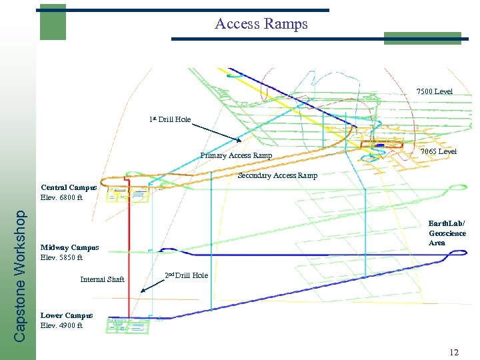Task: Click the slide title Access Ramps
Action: pyautogui.click(x=261, y=24)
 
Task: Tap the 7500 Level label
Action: pyautogui.click(x=434, y=91)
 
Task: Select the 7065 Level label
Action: pyautogui.click(x=438, y=151)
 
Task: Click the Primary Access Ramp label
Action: pyautogui.click(x=236, y=156)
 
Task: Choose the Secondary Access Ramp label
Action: pyautogui.click(x=277, y=176)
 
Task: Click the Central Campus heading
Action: pyautogui.click(x=69, y=187)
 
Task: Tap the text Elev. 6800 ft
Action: pyautogui.click(x=61, y=197)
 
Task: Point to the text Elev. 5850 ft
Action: pyautogui.click(x=61, y=257)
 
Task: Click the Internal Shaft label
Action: pyautogui.click(x=102, y=279)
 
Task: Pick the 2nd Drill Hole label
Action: pyautogui.click(x=186, y=275)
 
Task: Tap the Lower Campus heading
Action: pyautogui.click(x=67, y=315)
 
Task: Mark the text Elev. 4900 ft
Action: pyautogui.click(x=61, y=326)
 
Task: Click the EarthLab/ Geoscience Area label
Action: pyautogui.click(x=447, y=233)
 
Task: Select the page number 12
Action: pyautogui.click(x=453, y=352)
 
